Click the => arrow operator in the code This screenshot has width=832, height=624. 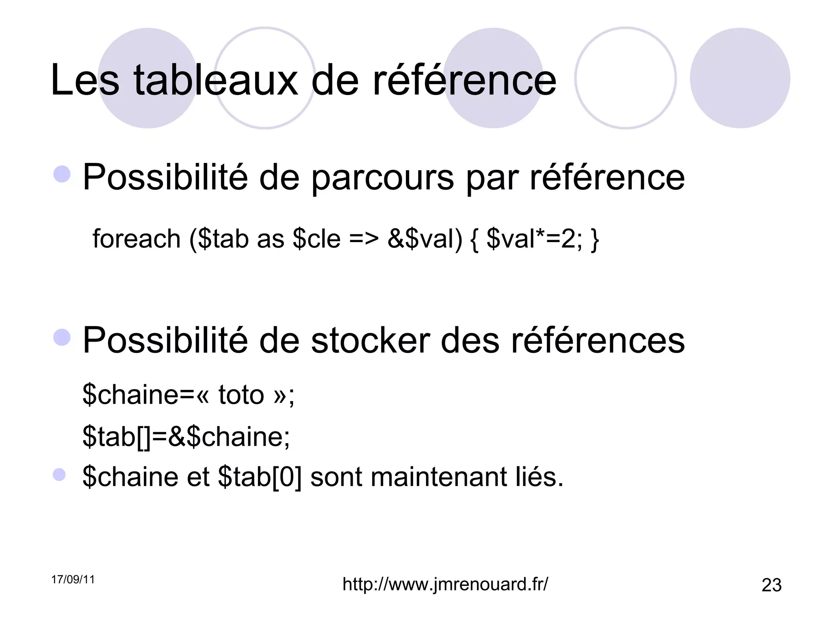[x=364, y=239]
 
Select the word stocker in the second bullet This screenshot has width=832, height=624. [x=370, y=340]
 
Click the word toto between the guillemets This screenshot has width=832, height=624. [x=241, y=394]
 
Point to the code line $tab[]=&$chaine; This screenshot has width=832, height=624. [x=186, y=437]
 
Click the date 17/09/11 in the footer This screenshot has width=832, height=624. [x=73, y=580]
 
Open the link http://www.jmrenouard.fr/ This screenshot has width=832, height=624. [x=445, y=584]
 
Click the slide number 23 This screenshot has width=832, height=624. [x=771, y=585]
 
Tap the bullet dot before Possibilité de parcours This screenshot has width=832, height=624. [x=62, y=174]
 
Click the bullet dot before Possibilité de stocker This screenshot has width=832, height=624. [x=62, y=337]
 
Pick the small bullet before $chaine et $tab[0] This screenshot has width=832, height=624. [x=59, y=474]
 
